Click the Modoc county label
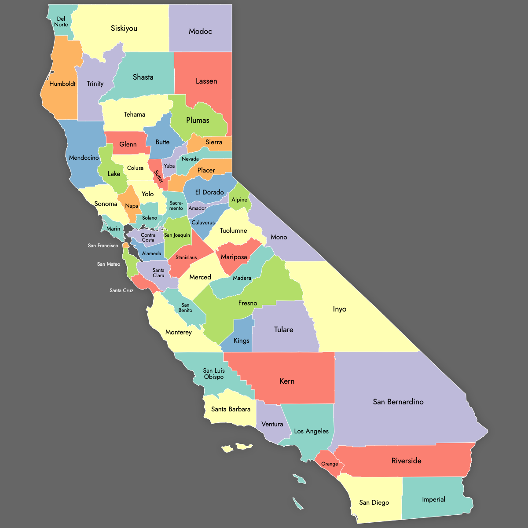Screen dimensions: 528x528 point(200,31)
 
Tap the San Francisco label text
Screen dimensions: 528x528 point(103,246)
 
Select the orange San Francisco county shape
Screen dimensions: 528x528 point(126,245)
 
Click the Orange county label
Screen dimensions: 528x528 point(330,464)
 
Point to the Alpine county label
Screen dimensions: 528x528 point(239,200)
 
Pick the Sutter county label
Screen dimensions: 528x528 point(158,176)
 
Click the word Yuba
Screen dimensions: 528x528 point(169,166)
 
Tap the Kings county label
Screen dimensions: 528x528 point(241,341)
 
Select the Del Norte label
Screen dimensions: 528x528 point(61,22)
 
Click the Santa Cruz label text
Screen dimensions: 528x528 point(121,290)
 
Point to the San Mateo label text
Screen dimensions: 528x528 point(109,264)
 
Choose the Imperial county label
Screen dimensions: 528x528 point(433,499)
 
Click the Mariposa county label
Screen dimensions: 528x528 point(234,257)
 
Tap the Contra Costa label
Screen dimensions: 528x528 point(148,238)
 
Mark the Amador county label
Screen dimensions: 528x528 point(197,208)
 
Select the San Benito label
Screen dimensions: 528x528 point(185,308)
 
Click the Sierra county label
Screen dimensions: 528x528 point(214,142)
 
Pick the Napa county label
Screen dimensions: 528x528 point(132,206)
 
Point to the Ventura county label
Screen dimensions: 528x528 point(272,424)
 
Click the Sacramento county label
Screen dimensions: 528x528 point(176,205)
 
